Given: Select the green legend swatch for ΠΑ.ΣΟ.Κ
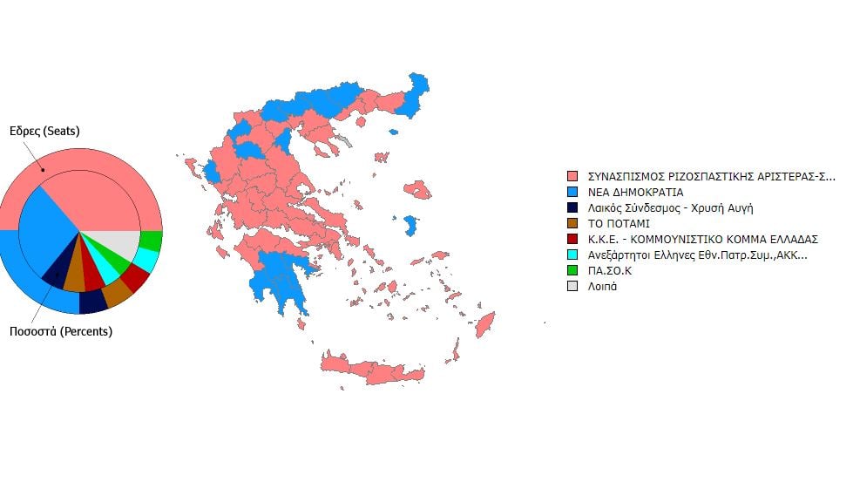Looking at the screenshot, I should pos(572,270).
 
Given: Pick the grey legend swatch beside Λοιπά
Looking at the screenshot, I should pos(572,286).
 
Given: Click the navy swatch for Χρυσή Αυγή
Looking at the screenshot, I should pos(572,207).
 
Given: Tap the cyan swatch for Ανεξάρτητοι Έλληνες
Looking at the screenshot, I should pos(572,255).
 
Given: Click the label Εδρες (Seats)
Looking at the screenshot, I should pos(44,132).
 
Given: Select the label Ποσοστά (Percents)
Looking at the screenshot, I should pos(60,331).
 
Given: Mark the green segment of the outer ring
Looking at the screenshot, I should pos(152,240).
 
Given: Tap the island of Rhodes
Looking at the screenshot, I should pos(484,326).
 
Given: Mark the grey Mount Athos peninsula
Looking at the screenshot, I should pos(346,140).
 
